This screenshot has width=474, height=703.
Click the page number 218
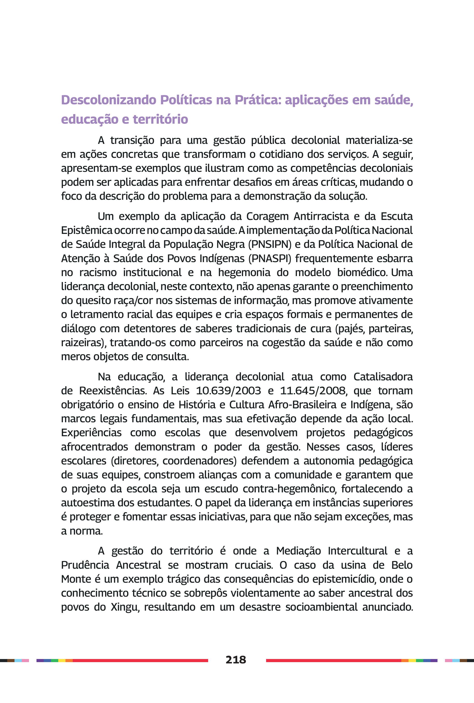point(236,660)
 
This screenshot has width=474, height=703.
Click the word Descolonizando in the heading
point(109,100)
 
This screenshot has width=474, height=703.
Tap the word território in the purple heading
point(160,119)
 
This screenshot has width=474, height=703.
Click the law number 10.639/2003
point(228,391)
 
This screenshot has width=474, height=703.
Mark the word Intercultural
point(357,551)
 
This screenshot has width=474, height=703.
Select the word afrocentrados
point(94,447)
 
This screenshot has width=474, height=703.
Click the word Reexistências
point(113,391)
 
